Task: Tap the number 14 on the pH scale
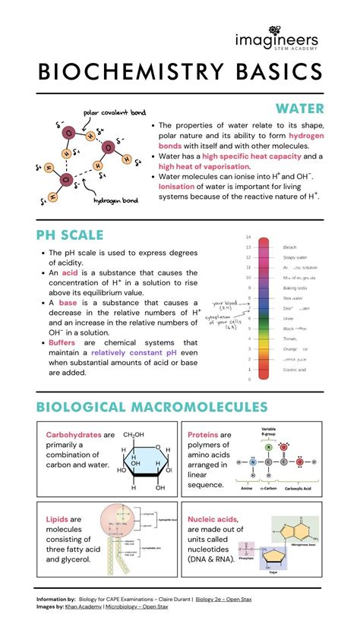[x=248, y=238]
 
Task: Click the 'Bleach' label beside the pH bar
[x=290, y=247]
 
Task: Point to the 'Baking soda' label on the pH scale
[x=295, y=288]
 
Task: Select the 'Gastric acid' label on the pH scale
[x=294, y=370]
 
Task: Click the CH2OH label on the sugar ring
[x=134, y=434]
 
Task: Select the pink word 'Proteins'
[x=203, y=435]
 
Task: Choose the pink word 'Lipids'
[x=58, y=519]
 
